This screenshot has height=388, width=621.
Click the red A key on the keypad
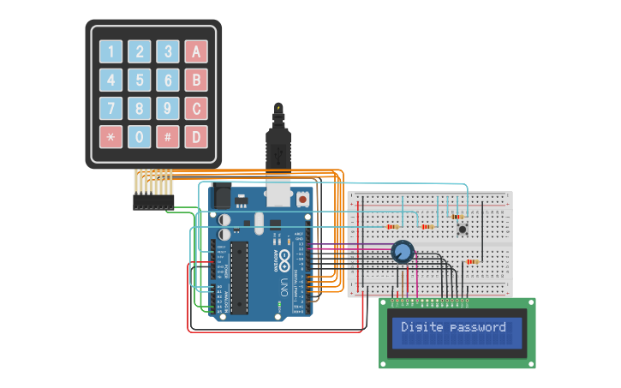pos(196,51)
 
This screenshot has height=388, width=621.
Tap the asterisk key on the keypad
pos(111,136)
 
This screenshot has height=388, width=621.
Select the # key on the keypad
pos(168,136)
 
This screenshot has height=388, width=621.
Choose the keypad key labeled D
pos(196,136)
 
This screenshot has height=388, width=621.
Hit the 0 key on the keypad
pos(140,136)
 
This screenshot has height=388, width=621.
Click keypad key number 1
pos(111,51)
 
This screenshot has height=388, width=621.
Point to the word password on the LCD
pos(477,327)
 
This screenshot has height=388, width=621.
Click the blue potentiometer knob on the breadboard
pos(402,252)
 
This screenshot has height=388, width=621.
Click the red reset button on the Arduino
pos(302,199)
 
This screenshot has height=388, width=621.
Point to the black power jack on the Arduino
pos(220,198)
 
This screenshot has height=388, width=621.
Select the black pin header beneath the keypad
pos(153,202)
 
